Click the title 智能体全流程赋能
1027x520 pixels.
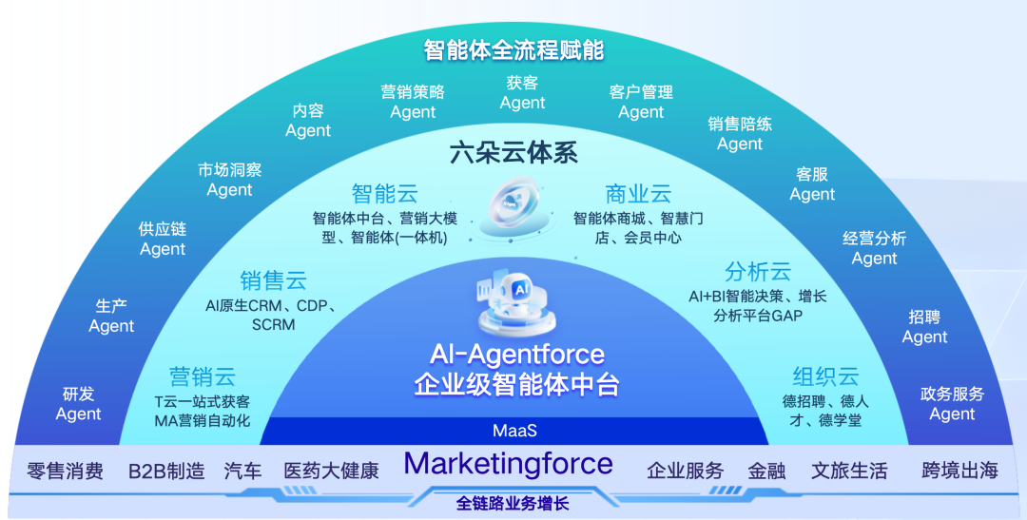513,49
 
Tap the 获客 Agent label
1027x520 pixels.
522,93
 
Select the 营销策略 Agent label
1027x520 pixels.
413,102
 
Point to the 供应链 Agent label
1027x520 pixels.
163,239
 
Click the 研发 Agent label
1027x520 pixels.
78,404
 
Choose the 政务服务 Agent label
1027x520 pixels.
952,404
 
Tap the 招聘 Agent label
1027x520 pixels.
924,326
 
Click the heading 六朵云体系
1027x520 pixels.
513,153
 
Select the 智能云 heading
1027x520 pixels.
384,194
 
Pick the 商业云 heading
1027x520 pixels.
638,194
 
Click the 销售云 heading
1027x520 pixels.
273,280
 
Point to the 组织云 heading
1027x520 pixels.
825,376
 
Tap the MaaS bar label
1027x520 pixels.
514,431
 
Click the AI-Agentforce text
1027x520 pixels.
516,355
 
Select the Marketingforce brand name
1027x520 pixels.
509,465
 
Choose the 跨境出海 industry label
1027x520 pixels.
959,470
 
